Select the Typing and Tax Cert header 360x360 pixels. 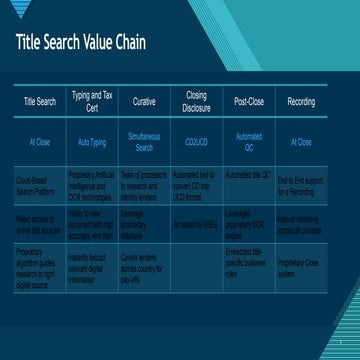click(92, 102)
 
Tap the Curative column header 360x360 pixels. click(144, 102)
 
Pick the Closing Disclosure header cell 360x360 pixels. click(196, 102)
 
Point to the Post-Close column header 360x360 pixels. click(248, 102)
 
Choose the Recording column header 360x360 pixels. click(300, 102)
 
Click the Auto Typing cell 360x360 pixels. click(92, 142)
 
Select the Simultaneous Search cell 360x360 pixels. click(144, 142)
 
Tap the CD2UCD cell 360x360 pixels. click(196, 142)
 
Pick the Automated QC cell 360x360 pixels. click(248, 142)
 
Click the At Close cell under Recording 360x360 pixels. click(300, 142)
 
